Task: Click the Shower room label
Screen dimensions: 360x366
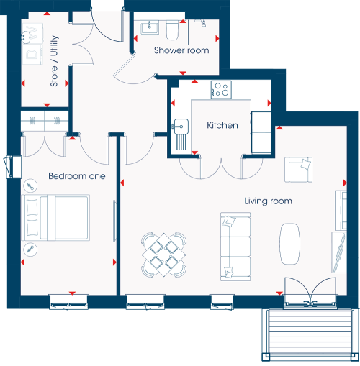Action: click(x=181, y=50)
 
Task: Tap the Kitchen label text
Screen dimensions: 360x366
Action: click(x=222, y=125)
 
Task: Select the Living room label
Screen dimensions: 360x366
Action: click(x=268, y=201)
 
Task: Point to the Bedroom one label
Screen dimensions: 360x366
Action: click(x=77, y=176)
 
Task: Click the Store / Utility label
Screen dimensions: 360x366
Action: click(x=54, y=61)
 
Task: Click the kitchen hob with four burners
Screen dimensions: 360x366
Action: click(x=221, y=90)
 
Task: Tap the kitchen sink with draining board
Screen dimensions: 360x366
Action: click(x=180, y=134)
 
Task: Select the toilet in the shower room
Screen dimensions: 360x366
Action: click(x=172, y=30)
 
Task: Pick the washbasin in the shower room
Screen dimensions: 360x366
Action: click(x=149, y=27)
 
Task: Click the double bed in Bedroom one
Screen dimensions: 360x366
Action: click(x=55, y=217)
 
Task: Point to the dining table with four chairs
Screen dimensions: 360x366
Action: click(x=164, y=255)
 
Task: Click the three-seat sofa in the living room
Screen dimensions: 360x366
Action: click(x=235, y=247)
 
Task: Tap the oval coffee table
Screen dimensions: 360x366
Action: click(x=289, y=244)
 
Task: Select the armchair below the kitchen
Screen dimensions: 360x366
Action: click(x=298, y=170)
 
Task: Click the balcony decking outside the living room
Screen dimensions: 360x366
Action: click(x=308, y=334)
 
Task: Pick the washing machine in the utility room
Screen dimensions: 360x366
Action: click(x=33, y=54)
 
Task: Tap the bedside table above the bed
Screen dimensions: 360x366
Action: click(x=30, y=186)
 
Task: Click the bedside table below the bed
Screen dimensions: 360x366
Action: click(x=30, y=250)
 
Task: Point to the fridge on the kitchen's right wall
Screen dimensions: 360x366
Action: click(x=261, y=132)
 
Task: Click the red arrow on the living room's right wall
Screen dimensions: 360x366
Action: click(x=345, y=183)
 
